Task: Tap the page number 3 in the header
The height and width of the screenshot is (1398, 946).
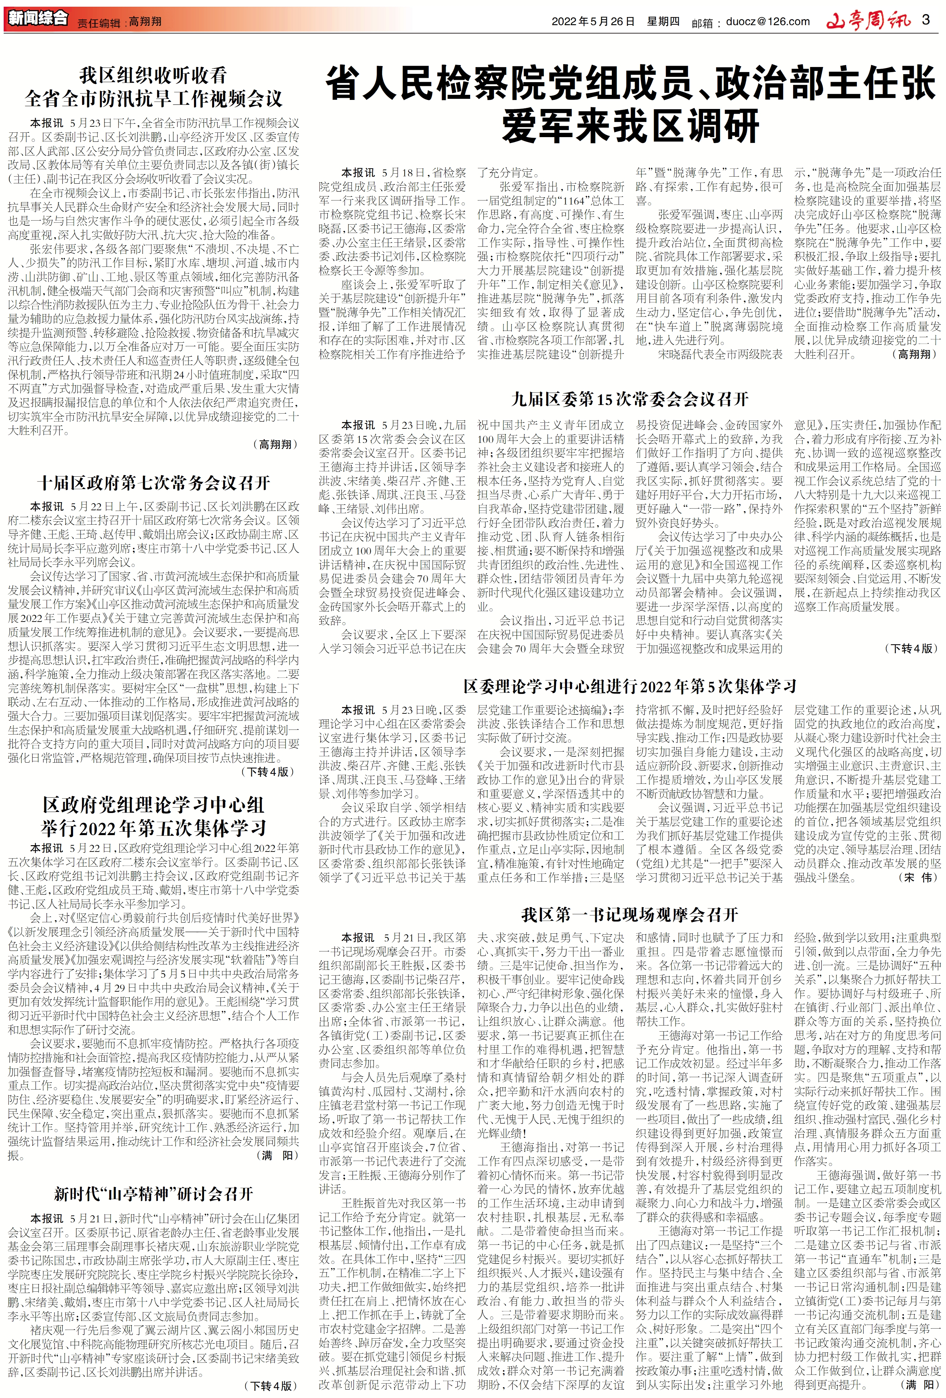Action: click(x=926, y=20)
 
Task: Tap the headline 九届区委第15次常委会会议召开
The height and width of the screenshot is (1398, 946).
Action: click(x=630, y=399)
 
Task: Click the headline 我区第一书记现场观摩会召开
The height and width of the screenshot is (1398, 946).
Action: click(x=630, y=915)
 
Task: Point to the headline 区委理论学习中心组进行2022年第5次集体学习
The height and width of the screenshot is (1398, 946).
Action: click(x=630, y=686)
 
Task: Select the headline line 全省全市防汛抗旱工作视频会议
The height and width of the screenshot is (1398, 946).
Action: click(x=153, y=98)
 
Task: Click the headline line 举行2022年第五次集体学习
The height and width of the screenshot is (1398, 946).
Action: click(x=153, y=828)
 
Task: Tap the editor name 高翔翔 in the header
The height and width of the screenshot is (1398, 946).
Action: click(x=145, y=22)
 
